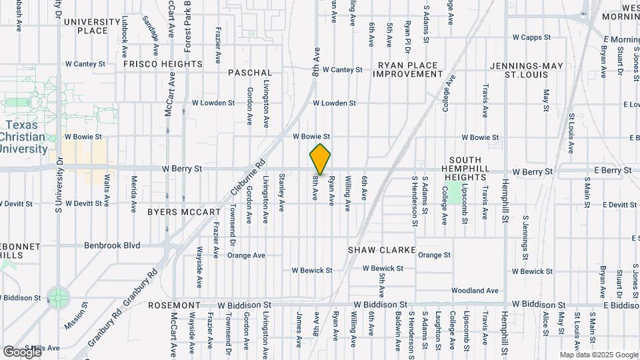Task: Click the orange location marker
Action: tap(320, 159)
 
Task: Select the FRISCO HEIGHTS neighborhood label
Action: tap(163, 64)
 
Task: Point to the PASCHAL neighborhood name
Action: tap(250, 72)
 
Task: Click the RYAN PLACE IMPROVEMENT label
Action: tap(407, 69)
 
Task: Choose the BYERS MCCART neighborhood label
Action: tap(183, 212)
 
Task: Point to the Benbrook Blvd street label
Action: tap(112, 245)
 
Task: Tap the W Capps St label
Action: tap(531, 37)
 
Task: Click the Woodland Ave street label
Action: tap(475, 291)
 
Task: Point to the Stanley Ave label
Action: tap(281, 192)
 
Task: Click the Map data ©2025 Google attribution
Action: tap(598, 355)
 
